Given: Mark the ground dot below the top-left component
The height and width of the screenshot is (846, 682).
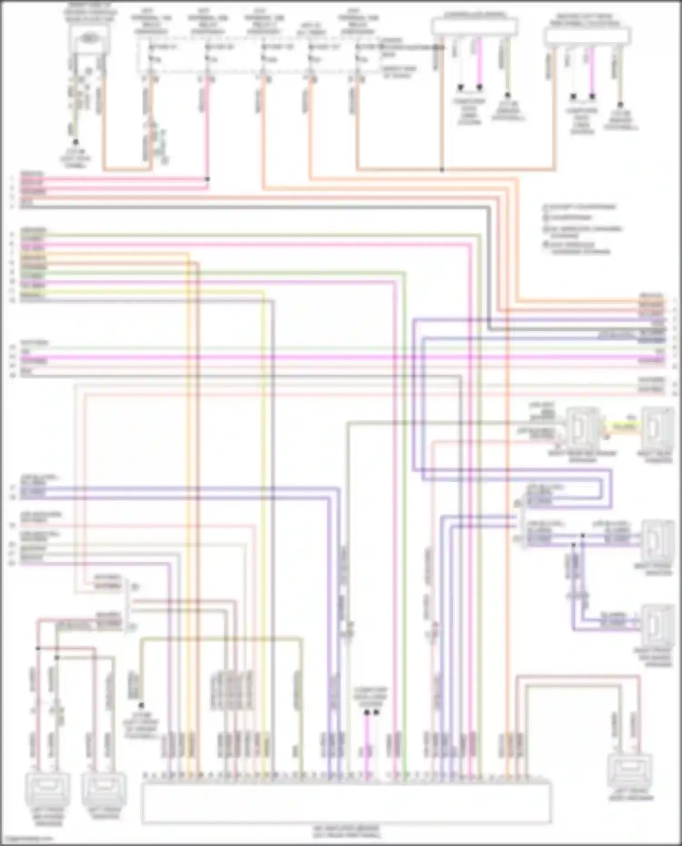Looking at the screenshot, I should click(x=75, y=142).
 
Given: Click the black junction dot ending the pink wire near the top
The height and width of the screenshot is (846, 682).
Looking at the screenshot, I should click(x=207, y=179).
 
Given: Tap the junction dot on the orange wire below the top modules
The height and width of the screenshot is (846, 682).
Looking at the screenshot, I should click(x=442, y=170).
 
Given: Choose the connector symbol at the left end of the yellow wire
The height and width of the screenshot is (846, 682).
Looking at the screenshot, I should click(x=583, y=427).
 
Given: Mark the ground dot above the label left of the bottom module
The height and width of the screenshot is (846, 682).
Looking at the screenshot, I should click(x=141, y=706).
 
